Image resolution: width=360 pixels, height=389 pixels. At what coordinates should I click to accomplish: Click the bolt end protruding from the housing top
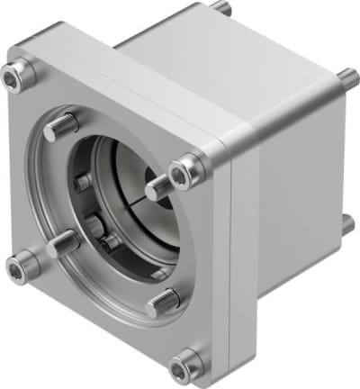click(x=221, y=8)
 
